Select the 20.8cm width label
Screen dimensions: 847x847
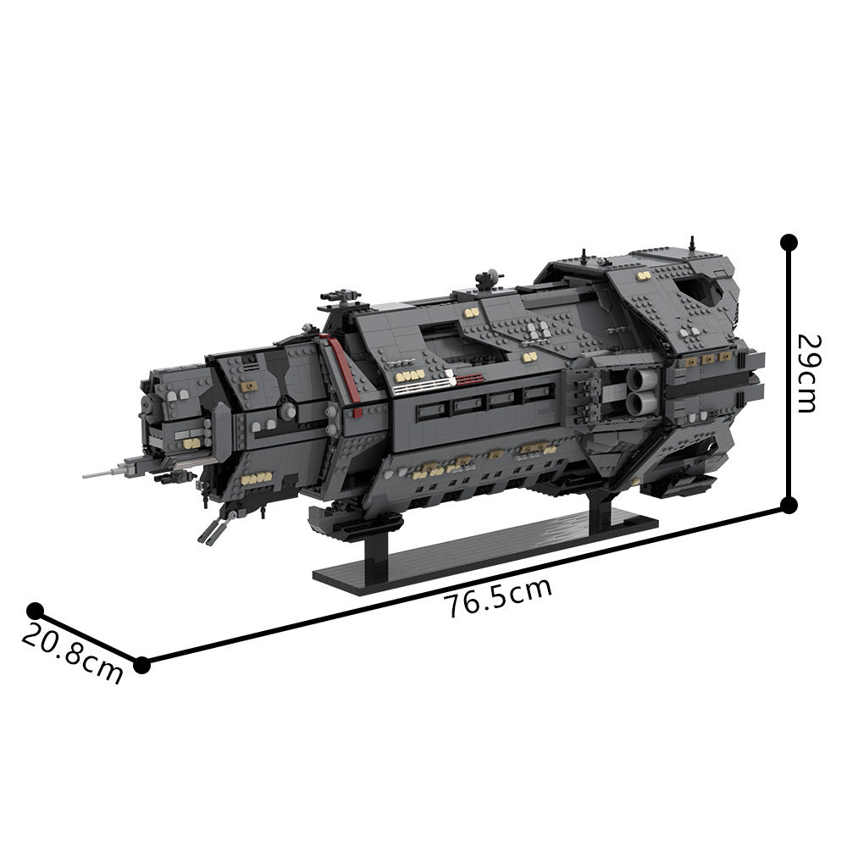[72, 652]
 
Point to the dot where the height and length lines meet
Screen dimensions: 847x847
[789, 506]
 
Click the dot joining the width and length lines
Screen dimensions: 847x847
[141, 665]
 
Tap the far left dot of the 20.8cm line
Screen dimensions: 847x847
[35, 611]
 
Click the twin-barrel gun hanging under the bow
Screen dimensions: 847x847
[212, 527]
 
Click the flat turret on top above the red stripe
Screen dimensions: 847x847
[340, 299]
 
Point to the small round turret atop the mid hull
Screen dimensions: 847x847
[486, 280]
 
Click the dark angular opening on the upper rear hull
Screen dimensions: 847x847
[705, 293]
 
